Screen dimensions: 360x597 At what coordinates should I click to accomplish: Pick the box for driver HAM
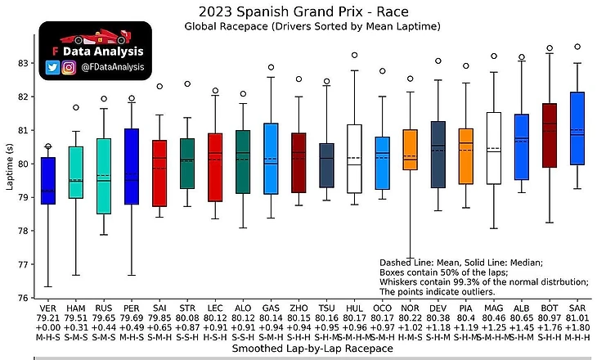pos(76,172)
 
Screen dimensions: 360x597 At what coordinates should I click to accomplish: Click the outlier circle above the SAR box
pos(577,47)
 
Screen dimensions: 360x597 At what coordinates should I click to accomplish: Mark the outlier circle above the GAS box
pos(271,67)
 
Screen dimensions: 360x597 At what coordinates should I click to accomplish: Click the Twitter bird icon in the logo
pos(52,68)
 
